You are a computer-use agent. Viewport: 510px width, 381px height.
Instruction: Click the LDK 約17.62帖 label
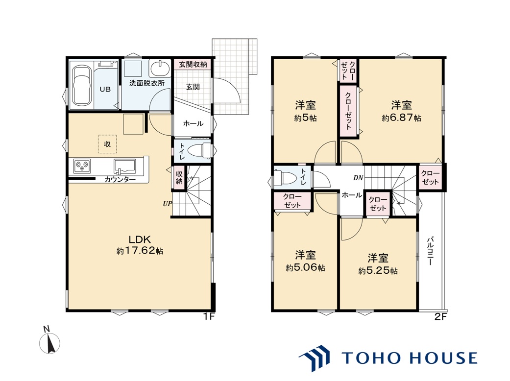coord(140,245)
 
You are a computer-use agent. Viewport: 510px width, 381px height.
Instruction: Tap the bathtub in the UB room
coord(82,86)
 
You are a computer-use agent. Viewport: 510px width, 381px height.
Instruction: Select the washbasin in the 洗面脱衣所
coord(160,68)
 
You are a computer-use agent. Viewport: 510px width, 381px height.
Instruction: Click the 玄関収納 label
coord(193,64)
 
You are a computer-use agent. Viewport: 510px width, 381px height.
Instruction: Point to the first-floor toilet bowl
coord(197,150)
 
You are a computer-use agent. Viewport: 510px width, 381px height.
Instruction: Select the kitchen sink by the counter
coord(124,166)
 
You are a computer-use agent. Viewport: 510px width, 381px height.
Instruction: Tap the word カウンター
coord(120,179)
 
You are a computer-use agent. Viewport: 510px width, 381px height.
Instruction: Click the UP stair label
coord(167,204)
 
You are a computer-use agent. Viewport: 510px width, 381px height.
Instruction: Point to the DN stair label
coord(358,178)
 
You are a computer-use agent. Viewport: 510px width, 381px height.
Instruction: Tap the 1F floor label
coord(209,317)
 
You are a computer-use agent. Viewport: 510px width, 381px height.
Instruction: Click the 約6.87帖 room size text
coord(401,118)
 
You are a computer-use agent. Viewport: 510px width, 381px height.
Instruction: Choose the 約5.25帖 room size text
coord(378,270)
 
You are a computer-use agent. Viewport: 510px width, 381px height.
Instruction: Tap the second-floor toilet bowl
coord(285,178)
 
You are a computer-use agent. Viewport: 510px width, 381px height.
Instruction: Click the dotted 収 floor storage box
coord(107,144)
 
